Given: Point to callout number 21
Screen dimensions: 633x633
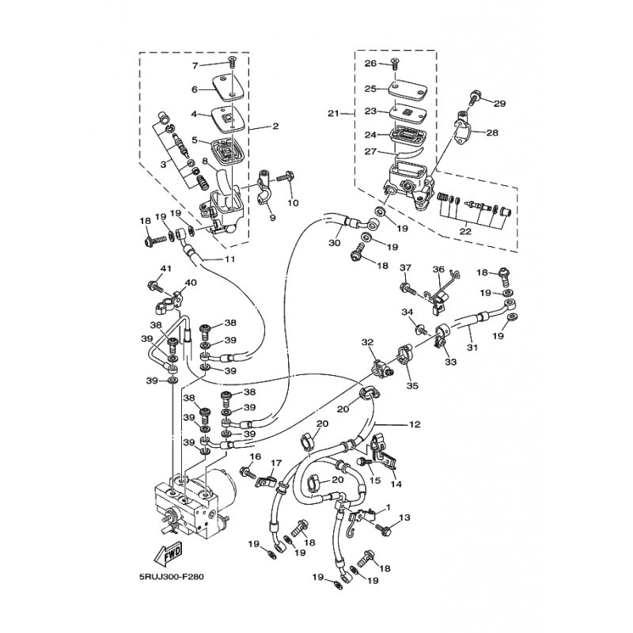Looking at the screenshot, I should click(334, 113).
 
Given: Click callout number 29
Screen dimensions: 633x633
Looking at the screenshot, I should click(498, 103).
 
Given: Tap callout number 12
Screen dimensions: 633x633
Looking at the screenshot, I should click(415, 424).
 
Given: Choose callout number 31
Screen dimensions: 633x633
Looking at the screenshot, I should click(472, 347).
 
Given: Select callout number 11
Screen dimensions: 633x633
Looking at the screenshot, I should click(229, 259).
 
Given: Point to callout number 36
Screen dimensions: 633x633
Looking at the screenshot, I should click(438, 269).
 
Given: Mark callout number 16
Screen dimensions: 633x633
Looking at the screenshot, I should click(255, 457).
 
